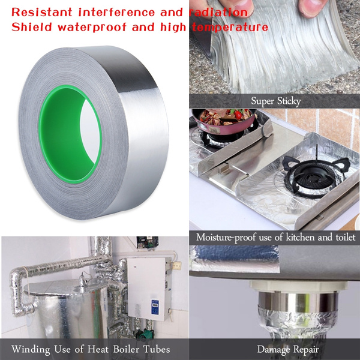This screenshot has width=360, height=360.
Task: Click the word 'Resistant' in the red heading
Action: click(42, 12)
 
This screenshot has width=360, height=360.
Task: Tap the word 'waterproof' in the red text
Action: click(92, 28)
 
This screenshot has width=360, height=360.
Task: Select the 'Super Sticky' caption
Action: click(276, 101)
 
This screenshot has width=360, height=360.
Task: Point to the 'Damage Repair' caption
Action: click(288, 350)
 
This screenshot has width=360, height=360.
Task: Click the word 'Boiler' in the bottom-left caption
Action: click(126, 349)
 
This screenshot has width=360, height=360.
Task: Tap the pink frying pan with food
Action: click(224, 121)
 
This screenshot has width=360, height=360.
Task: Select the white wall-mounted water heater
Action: click(149, 289)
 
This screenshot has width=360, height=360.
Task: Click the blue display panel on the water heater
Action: click(155, 307)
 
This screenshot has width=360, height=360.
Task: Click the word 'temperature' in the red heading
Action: click(230, 28)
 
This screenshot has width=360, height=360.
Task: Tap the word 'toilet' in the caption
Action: click(346, 237)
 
